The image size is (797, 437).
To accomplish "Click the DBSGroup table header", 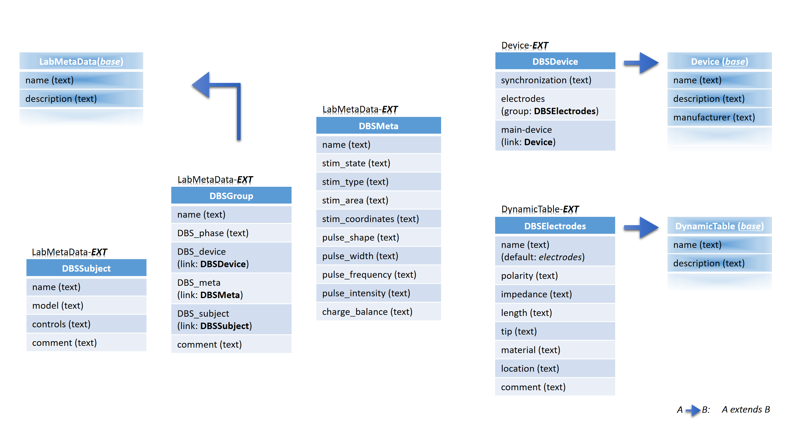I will click(231, 195).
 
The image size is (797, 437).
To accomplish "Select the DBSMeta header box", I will click(378, 126).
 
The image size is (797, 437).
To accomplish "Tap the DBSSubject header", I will click(86, 268).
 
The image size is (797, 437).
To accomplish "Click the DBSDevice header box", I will click(555, 61).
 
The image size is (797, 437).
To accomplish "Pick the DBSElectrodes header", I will click(555, 226).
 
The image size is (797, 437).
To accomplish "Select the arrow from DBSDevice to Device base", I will click(641, 63).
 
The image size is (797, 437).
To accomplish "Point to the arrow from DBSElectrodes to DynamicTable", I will click(641, 227).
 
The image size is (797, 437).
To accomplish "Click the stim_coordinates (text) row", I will click(378, 219).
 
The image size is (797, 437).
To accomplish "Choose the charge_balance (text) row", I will click(378, 311).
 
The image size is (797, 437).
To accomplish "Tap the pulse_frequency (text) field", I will click(378, 274).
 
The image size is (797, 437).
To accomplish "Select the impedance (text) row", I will click(555, 294).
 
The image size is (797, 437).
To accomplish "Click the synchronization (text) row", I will click(555, 80).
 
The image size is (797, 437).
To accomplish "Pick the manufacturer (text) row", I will click(719, 117).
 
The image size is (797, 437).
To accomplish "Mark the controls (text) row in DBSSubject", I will click(86, 324).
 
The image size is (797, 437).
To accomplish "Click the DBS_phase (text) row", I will click(231, 233).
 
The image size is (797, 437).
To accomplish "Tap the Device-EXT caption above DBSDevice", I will click(525, 45).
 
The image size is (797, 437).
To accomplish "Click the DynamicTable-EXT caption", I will click(540, 209).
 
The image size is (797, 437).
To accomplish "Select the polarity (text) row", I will click(555, 275).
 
